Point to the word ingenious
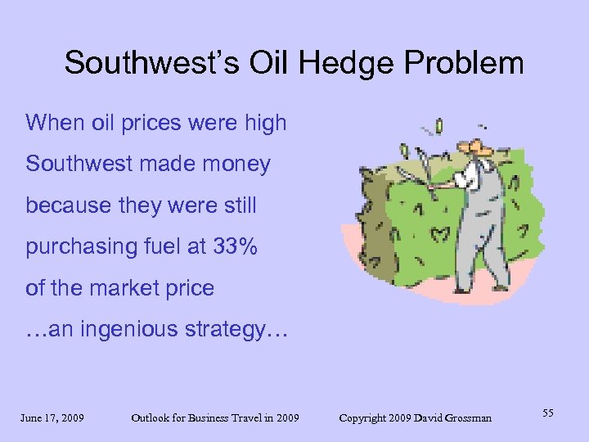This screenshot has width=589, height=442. (x=131, y=329)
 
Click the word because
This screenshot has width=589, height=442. (x=65, y=205)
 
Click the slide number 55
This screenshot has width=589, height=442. (x=547, y=414)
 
